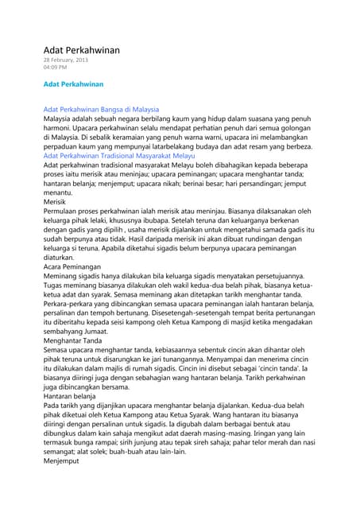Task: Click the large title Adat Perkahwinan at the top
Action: (x=81, y=50)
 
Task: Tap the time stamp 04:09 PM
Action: (x=55, y=68)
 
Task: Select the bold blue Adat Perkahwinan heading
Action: (x=73, y=83)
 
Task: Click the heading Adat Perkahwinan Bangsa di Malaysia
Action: (x=101, y=108)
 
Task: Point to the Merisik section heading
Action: (x=56, y=202)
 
